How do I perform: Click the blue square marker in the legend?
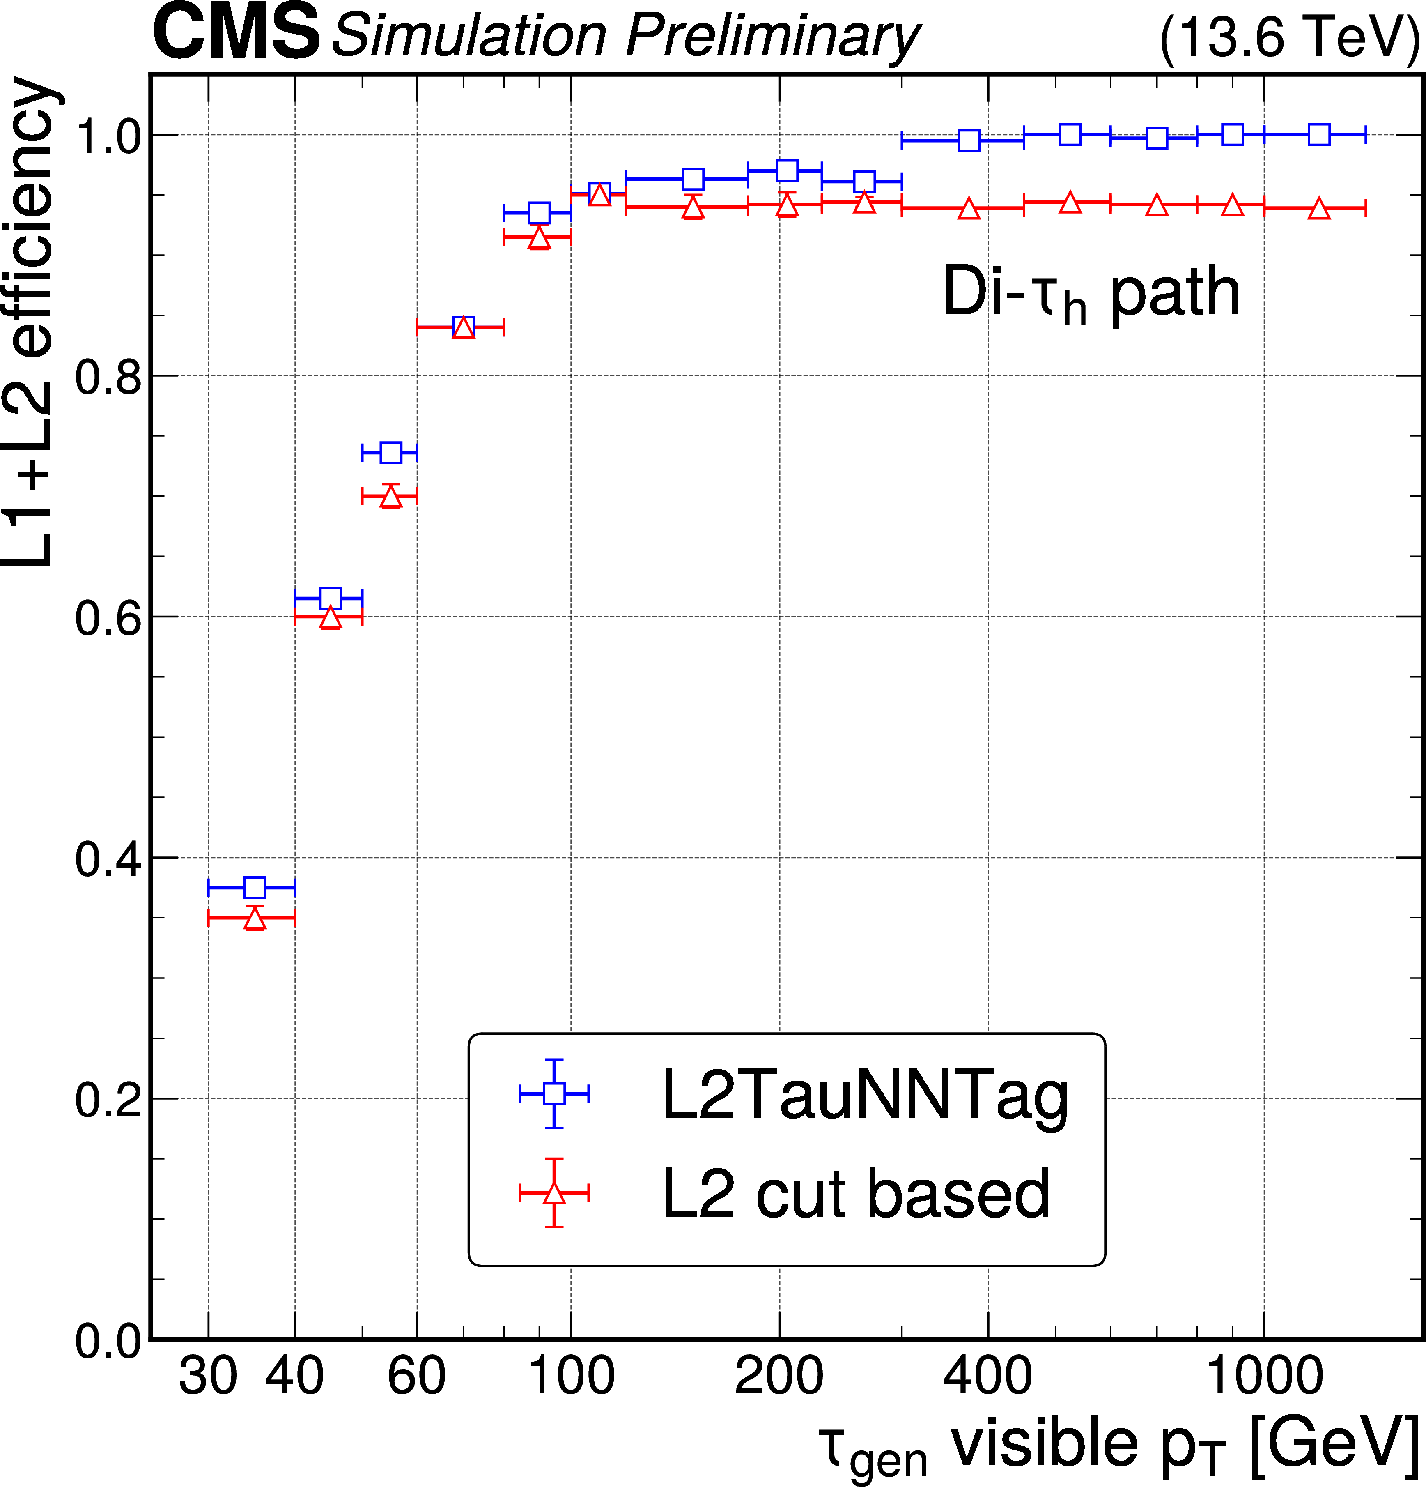pos(554,1093)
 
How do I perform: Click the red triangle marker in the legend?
pos(554,1193)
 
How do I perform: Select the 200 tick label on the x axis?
pos(779,1374)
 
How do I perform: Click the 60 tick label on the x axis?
pos(416,1374)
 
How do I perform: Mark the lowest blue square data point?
pos(255,887)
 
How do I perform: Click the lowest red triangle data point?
pos(255,919)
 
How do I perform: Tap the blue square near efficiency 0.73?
pos(390,452)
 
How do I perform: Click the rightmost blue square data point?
pos(1320,135)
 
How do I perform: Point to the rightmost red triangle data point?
pos(1320,209)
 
